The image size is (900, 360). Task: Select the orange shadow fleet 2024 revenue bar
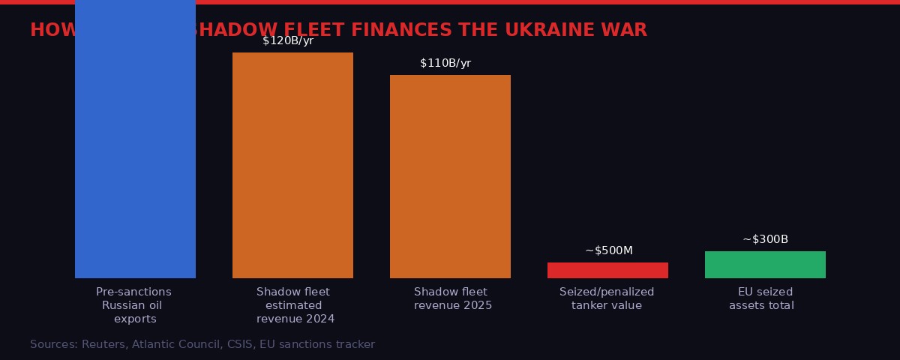tap(292, 165)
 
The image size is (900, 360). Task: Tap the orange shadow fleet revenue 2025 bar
tap(450, 176)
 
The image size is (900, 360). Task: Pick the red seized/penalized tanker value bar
tap(607, 270)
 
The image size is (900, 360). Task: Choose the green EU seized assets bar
tap(765, 265)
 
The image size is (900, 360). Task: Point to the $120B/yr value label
tap(288, 41)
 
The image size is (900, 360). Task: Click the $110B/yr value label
tap(445, 64)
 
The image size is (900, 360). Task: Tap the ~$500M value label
tap(608, 250)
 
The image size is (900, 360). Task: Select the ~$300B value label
tap(765, 239)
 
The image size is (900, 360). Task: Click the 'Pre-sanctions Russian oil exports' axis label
tap(134, 305)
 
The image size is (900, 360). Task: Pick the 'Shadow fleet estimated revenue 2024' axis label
tap(293, 305)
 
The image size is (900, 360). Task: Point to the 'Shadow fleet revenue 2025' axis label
tap(451, 298)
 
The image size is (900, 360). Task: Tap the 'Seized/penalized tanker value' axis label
tap(607, 298)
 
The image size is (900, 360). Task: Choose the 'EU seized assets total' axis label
tap(762, 298)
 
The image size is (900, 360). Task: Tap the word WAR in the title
tap(625, 31)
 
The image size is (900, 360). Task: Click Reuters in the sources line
tap(103, 345)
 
